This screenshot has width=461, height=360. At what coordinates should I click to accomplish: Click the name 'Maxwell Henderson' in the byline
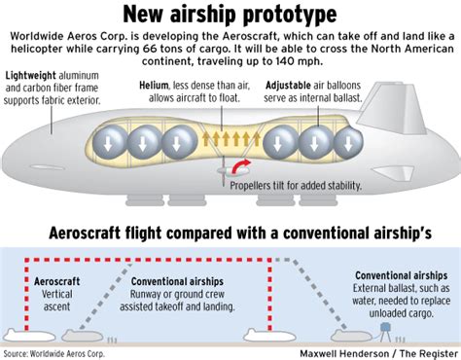pos(313,351)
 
